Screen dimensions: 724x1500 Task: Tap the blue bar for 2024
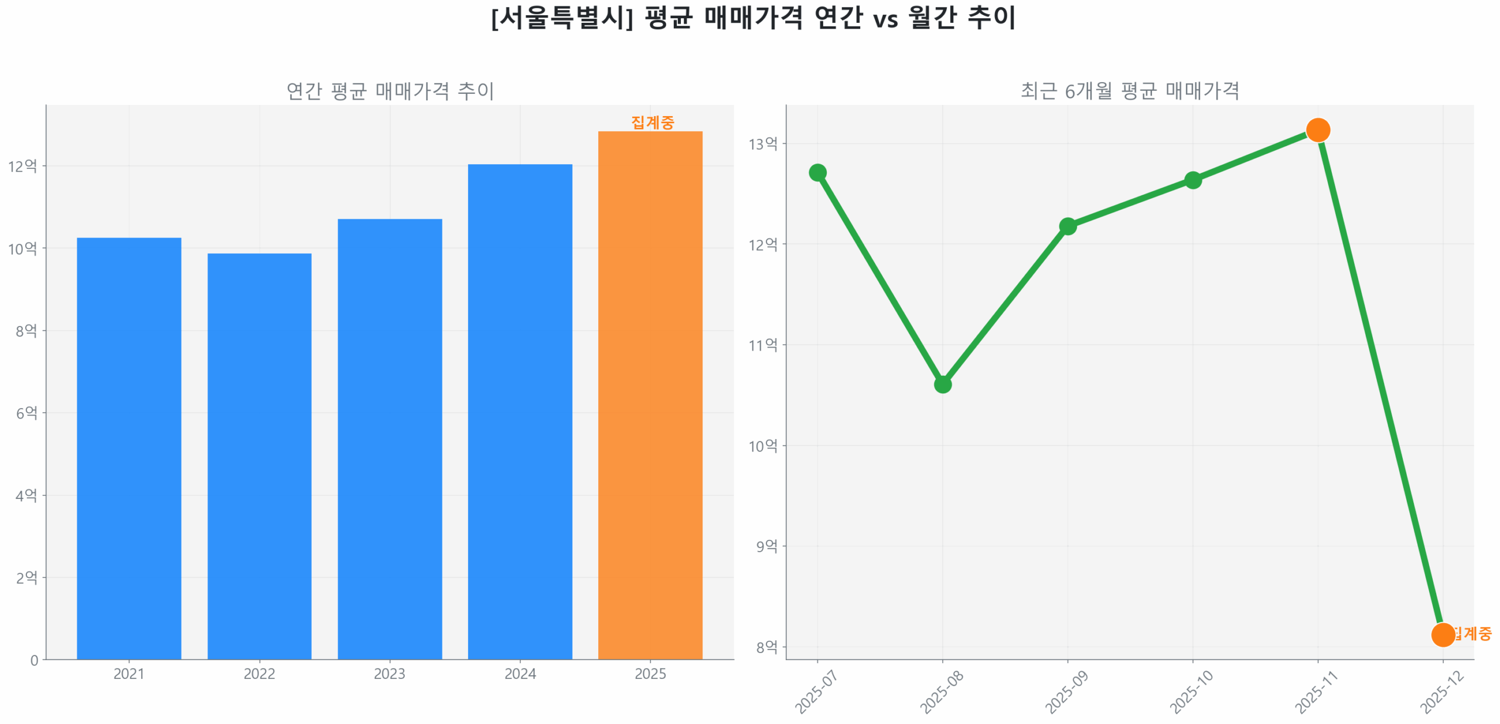coord(520,410)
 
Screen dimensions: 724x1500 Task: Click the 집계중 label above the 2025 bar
coord(652,122)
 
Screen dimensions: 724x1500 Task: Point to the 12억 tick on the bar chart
coord(22,166)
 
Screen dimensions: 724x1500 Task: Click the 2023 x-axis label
coord(389,674)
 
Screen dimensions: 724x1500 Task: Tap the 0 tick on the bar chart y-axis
coord(34,660)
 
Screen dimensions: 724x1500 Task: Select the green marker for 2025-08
coord(942,384)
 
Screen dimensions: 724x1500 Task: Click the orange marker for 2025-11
coord(1317,130)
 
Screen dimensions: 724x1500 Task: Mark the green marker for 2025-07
coord(817,172)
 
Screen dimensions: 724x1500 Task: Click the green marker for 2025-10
coord(1192,179)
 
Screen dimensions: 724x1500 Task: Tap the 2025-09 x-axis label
coord(1066,692)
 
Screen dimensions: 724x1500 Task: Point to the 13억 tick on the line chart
coord(762,144)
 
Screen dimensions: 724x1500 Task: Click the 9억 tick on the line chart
coord(766,546)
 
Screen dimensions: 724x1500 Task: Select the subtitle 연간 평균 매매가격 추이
coord(390,91)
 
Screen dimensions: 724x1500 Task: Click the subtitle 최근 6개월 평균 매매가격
coord(1129,91)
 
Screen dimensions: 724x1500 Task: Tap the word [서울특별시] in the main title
coord(562,18)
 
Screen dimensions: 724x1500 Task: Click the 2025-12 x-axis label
coord(1441,692)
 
